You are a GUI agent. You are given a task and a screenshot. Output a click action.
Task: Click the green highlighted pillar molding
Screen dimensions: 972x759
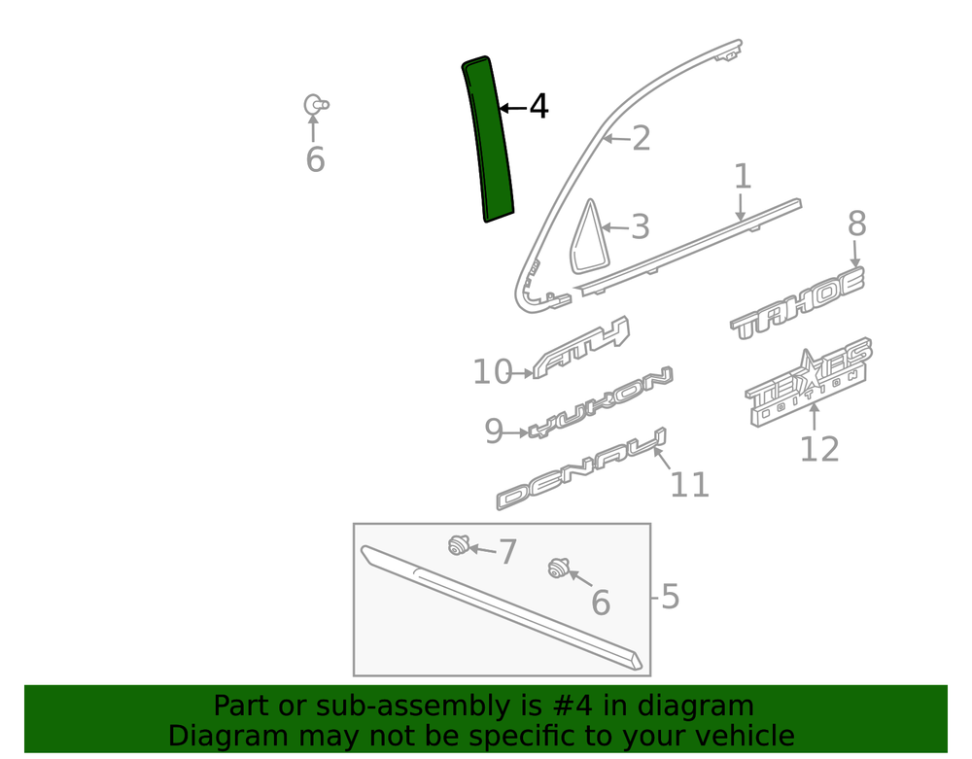[x=489, y=139]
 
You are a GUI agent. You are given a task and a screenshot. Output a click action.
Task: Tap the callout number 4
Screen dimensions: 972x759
[x=538, y=107]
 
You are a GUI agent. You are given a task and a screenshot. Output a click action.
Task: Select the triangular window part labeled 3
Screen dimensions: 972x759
[x=590, y=238]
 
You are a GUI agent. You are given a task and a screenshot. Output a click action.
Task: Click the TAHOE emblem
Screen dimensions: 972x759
[x=797, y=303]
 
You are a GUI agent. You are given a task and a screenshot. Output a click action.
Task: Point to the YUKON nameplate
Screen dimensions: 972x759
[x=600, y=402]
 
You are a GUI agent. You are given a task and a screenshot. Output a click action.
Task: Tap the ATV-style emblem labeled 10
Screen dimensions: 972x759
[x=580, y=347]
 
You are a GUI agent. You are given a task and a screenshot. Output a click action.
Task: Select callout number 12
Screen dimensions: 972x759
[x=818, y=449]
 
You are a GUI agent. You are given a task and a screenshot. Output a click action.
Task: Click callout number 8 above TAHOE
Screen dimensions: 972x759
[x=856, y=224]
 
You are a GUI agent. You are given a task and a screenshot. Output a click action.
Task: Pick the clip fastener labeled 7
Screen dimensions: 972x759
[x=458, y=544]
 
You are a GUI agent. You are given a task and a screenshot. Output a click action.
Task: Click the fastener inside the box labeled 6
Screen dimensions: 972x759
[x=559, y=569]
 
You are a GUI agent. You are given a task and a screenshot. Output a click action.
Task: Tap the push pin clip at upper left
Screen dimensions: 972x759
[x=316, y=105]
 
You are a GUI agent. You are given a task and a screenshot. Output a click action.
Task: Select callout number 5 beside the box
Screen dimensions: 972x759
[x=670, y=597]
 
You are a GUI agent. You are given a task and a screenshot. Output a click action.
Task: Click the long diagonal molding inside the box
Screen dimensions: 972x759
[x=502, y=607]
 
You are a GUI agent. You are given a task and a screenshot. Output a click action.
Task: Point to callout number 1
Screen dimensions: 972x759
[x=742, y=177]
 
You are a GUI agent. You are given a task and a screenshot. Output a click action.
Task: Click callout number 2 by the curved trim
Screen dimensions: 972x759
[x=641, y=138]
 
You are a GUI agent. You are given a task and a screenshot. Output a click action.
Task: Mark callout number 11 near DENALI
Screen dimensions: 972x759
[x=689, y=485]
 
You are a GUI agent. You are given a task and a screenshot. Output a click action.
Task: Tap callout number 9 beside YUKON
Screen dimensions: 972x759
[x=494, y=431]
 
